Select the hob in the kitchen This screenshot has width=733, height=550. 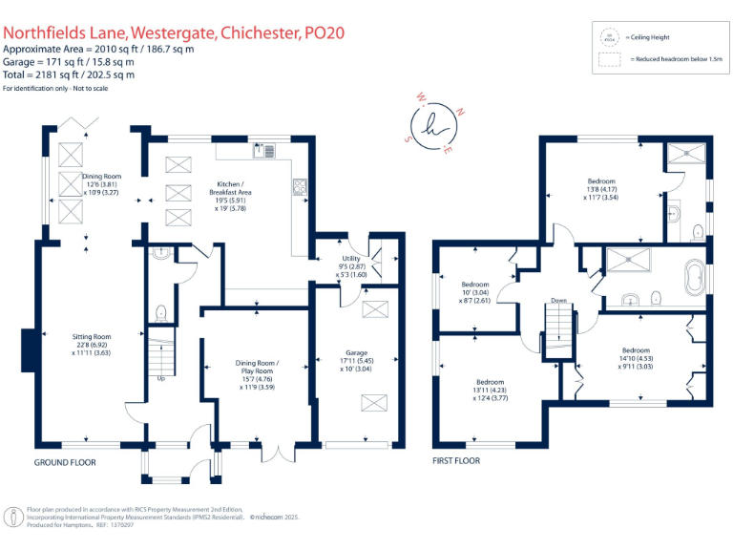click(300, 187)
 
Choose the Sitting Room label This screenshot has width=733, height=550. click(93, 344)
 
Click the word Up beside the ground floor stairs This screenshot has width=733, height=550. click(159, 377)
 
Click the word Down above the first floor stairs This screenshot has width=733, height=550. click(558, 301)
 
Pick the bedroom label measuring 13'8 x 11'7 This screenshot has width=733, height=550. click(601, 189)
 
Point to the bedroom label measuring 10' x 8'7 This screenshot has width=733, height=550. click(475, 291)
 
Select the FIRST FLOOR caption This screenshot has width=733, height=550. click(455, 460)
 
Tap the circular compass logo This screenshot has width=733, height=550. click(438, 124)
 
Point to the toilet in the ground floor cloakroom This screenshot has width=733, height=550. click(160, 312)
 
